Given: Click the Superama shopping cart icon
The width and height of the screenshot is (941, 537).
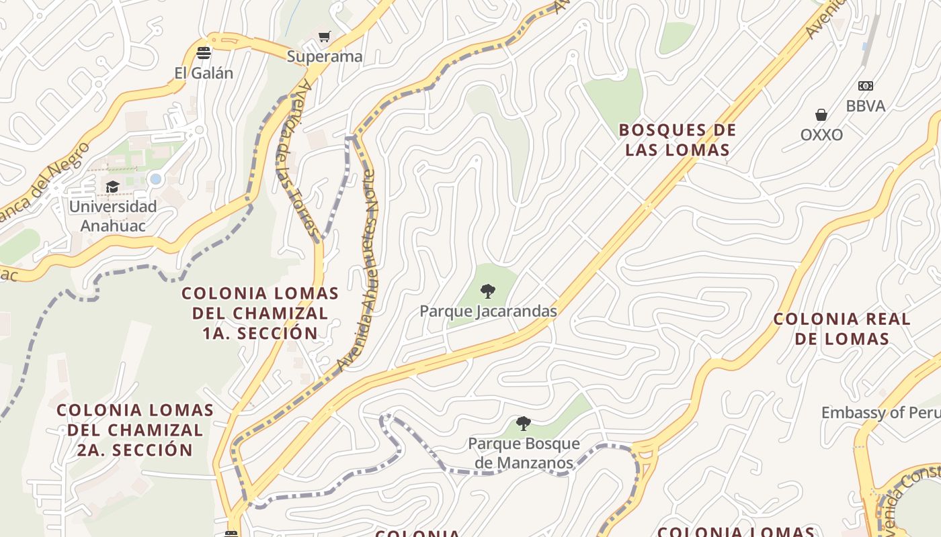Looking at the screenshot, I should click(325, 36).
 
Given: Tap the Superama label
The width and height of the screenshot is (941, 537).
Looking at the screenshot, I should click(325, 56).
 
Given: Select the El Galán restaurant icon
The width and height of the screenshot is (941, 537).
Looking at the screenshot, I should click(204, 53).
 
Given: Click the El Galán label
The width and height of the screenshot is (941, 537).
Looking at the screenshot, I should click(204, 73).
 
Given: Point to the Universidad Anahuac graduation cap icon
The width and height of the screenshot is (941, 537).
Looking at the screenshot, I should click(112, 187).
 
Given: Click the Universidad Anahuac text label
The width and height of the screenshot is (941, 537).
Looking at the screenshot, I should click(113, 216).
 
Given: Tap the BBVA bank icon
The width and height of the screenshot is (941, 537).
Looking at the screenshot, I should click(865, 86).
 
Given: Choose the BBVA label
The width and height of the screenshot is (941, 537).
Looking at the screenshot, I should click(865, 106).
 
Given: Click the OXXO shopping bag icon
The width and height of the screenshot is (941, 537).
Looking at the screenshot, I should click(821, 115).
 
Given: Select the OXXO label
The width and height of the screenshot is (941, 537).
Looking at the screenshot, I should click(821, 135).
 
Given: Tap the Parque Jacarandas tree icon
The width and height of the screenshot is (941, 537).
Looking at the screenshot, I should click(488, 291).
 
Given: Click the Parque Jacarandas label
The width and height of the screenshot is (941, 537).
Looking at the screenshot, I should click(488, 311).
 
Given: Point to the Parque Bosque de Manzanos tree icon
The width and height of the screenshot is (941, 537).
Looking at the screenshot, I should click(524, 424).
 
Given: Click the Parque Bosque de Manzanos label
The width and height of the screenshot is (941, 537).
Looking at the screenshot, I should click(524, 453).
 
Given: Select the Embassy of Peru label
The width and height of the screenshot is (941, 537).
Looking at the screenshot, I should click(881, 412).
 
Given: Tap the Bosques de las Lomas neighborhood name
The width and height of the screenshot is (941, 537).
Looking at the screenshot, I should click(678, 140).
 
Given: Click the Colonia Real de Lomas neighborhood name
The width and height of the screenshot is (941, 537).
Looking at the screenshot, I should click(842, 328).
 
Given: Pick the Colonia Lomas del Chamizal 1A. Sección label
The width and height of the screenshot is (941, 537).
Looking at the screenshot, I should click(260, 313).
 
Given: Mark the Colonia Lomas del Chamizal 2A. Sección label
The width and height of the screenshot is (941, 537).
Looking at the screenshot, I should click(135, 430).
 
